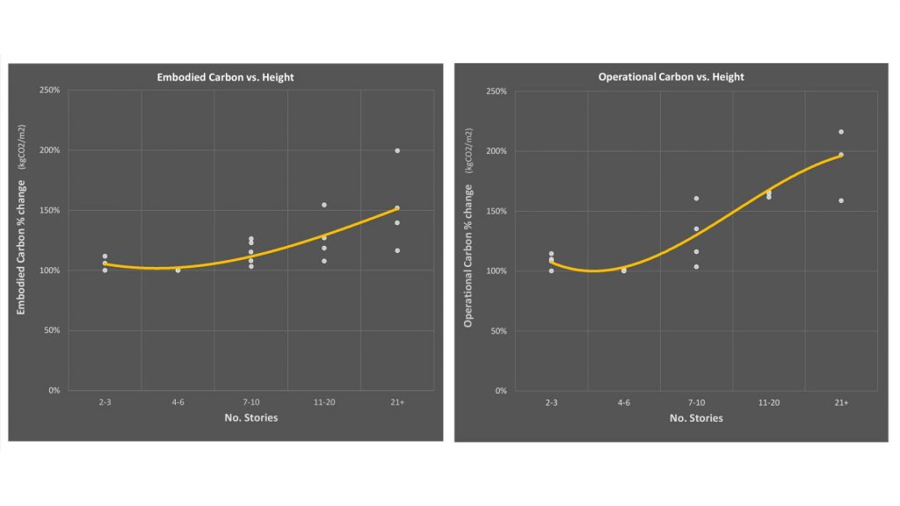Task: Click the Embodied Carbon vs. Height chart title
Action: pyautogui.click(x=225, y=77)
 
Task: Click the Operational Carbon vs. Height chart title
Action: pyautogui.click(x=671, y=77)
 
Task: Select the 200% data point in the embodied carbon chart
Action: pyautogui.click(x=397, y=151)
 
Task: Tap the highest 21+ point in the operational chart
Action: pyautogui.click(x=841, y=132)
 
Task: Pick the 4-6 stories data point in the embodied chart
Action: pyautogui.click(x=178, y=271)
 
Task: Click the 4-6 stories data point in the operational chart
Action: pyautogui.click(x=624, y=271)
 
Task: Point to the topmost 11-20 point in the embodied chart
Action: pyautogui.click(x=324, y=205)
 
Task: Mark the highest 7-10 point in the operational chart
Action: pyautogui.click(x=696, y=199)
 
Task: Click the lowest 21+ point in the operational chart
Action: pyautogui.click(x=841, y=201)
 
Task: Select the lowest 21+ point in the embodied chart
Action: pyautogui.click(x=397, y=250)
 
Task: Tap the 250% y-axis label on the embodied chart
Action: pyautogui.click(x=49, y=90)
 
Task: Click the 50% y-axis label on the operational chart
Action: pyautogui.click(x=498, y=331)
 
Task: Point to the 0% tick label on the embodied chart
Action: pyautogui.click(x=54, y=390)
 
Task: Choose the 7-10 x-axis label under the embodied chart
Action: pyautogui.click(x=250, y=402)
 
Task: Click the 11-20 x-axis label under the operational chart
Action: pyautogui.click(x=768, y=402)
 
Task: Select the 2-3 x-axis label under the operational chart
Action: pyautogui.click(x=551, y=402)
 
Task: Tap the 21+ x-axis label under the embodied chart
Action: pyautogui.click(x=397, y=402)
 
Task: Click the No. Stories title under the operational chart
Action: pyautogui.click(x=696, y=418)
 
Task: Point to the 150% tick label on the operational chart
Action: pyautogui.click(x=497, y=211)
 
